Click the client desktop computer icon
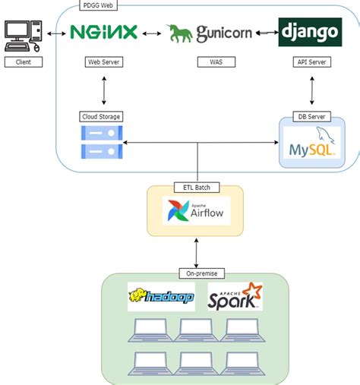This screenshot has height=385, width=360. pyautogui.click(x=24, y=34)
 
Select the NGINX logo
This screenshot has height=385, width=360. pyautogui.click(x=103, y=33)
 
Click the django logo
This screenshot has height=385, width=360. pyautogui.click(x=309, y=33)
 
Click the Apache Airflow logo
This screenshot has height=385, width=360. pyautogui.click(x=197, y=210)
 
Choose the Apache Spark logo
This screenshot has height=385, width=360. pyautogui.click(x=235, y=296)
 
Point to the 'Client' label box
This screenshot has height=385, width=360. pyautogui.click(x=24, y=62)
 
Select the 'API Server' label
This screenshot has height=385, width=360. pyautogui.click(x=309, y=62)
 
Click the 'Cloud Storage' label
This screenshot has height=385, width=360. pyautogui.click(x=101, y=116)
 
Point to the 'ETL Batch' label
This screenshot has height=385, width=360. pyautogui.click(x=197, y=188)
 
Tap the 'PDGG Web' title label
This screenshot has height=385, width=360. pyautogui.click(x=97, y=5)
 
